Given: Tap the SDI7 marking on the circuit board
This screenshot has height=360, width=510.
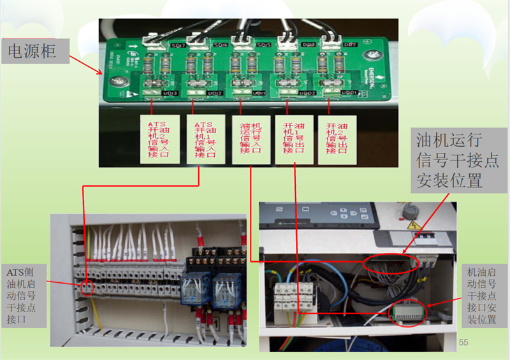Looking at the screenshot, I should coord(178,46).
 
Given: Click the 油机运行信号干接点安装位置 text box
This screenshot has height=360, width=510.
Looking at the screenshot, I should coord(449,161).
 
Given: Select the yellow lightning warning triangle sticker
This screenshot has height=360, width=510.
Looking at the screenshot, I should coord(412,226).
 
